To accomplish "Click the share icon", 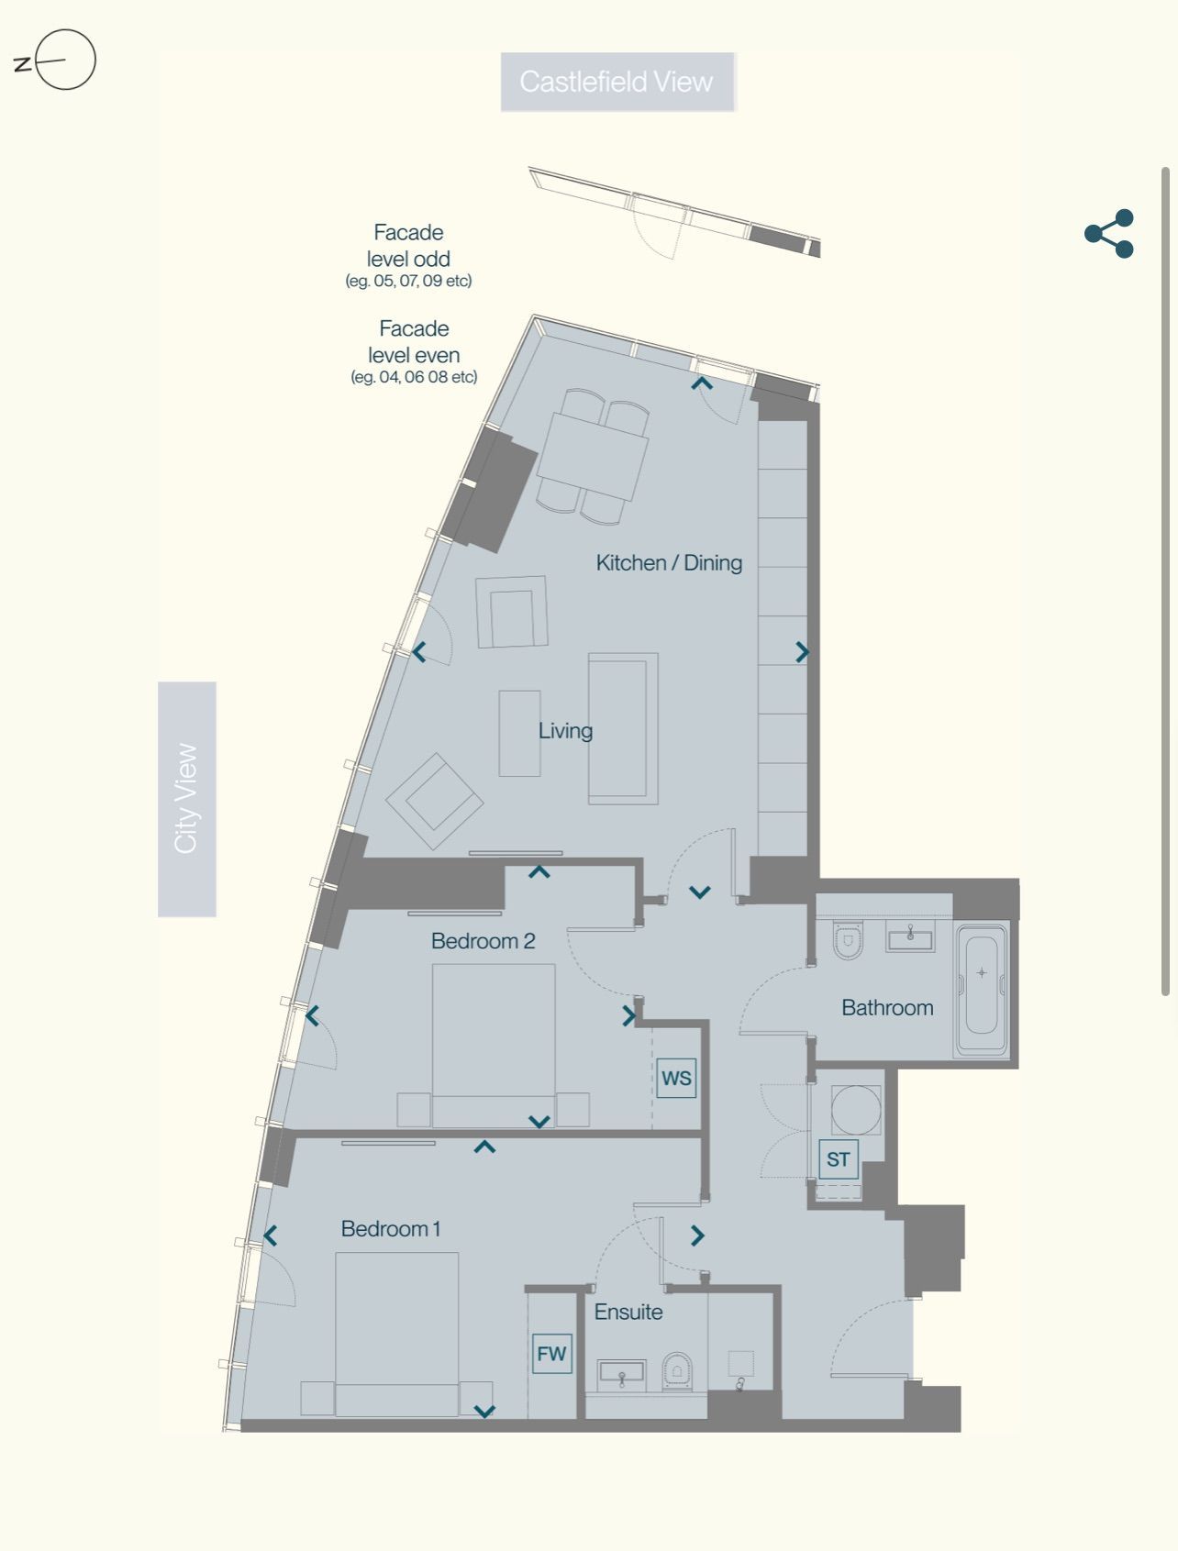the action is click(x=1109, y=234).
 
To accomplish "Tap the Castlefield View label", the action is click(x=617, y=82).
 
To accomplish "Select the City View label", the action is click(x=187, y=799).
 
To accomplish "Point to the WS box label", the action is click(x=676, y=1078).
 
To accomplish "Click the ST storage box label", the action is click(x=839, y=1158).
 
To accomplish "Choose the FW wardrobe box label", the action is click(x=551, y=1354).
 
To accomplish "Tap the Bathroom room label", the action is click(x=887, y=1007).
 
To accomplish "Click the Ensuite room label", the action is click(x=628, y=1312).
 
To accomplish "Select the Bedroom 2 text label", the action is click(x=483, y=940).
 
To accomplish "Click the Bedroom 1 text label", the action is click(x=391, y=1228).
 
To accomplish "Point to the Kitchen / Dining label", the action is click(x=669, y=562).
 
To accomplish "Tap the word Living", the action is click(x=565, y=731).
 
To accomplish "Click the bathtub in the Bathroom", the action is click(x=982, y=992).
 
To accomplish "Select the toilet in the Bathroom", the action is click(x=848, y=939).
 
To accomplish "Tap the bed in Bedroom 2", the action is click(x=494, y=1045).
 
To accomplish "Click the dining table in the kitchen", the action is click(x=593, y=456).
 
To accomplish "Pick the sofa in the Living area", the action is click(x=623, y=728).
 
